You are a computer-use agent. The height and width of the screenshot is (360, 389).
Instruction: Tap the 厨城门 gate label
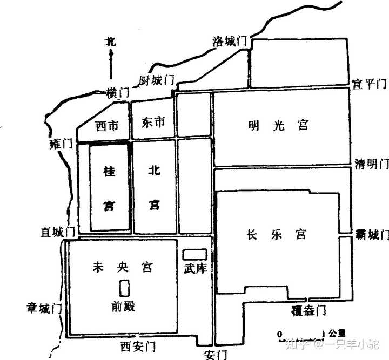(x=157, y=81)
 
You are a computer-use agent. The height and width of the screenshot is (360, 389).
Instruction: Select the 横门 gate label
(x=118, y=93)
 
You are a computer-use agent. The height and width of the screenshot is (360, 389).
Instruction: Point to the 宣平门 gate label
(x=370, y=84)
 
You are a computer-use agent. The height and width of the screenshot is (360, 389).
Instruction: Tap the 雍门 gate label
(x=60, y=145)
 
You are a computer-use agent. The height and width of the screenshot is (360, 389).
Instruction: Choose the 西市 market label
(x=106, y=126)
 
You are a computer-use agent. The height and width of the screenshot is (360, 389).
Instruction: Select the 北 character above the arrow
(x=111, y=41)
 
